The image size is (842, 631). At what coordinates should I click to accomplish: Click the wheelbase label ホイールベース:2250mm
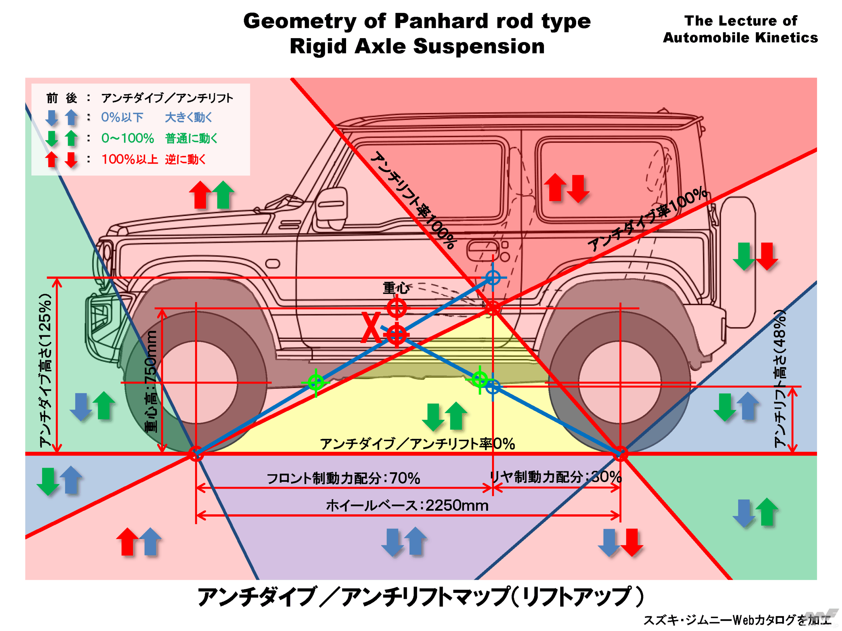click(407, 505)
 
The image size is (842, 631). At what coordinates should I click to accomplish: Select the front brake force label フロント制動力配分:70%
click(343, 478)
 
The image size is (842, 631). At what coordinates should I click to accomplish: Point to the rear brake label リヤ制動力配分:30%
click(556, 476)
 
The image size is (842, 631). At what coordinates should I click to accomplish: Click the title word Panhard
click(441, 21)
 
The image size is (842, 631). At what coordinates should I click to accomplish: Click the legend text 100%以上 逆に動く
click(153, 159)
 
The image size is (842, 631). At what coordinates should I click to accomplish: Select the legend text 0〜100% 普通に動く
click(159, 138)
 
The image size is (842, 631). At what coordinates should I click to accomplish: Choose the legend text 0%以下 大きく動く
click(156, 117)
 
